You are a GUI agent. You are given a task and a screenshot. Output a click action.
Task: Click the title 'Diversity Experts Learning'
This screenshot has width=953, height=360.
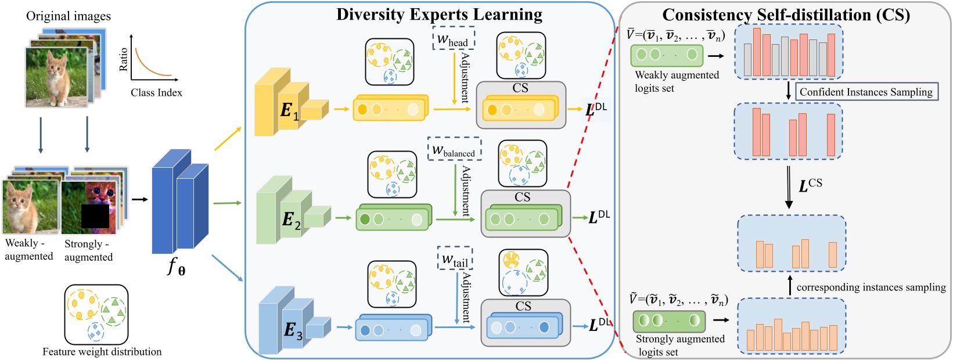[439, 14]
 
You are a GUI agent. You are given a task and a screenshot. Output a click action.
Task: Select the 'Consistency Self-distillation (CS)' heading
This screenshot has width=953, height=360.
[786, 15]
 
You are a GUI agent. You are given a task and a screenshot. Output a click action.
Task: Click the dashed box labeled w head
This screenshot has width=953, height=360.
[454, 38]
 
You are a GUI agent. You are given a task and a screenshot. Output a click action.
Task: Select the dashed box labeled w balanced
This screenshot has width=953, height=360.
[454, 149]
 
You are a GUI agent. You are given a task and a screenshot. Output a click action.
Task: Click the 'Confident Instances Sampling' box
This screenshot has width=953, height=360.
[865, 92]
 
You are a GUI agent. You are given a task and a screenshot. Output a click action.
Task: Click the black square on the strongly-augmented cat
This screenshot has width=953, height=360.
[95, 215]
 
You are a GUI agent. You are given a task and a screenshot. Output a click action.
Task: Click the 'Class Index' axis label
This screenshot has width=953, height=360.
[156, 93]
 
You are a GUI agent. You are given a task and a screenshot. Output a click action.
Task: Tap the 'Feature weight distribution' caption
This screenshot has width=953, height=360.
[102, 352]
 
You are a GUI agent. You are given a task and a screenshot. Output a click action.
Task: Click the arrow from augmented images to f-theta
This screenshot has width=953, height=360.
[139, 200]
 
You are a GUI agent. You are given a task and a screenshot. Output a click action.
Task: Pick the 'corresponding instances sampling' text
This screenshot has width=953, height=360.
[871, 287]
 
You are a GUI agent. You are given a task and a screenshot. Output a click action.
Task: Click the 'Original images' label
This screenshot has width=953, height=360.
[68, 16]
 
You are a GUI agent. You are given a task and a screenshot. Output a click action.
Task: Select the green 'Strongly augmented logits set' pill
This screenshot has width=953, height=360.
[669, 321]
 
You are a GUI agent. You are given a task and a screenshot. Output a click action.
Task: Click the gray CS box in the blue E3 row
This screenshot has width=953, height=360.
[526, 323]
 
